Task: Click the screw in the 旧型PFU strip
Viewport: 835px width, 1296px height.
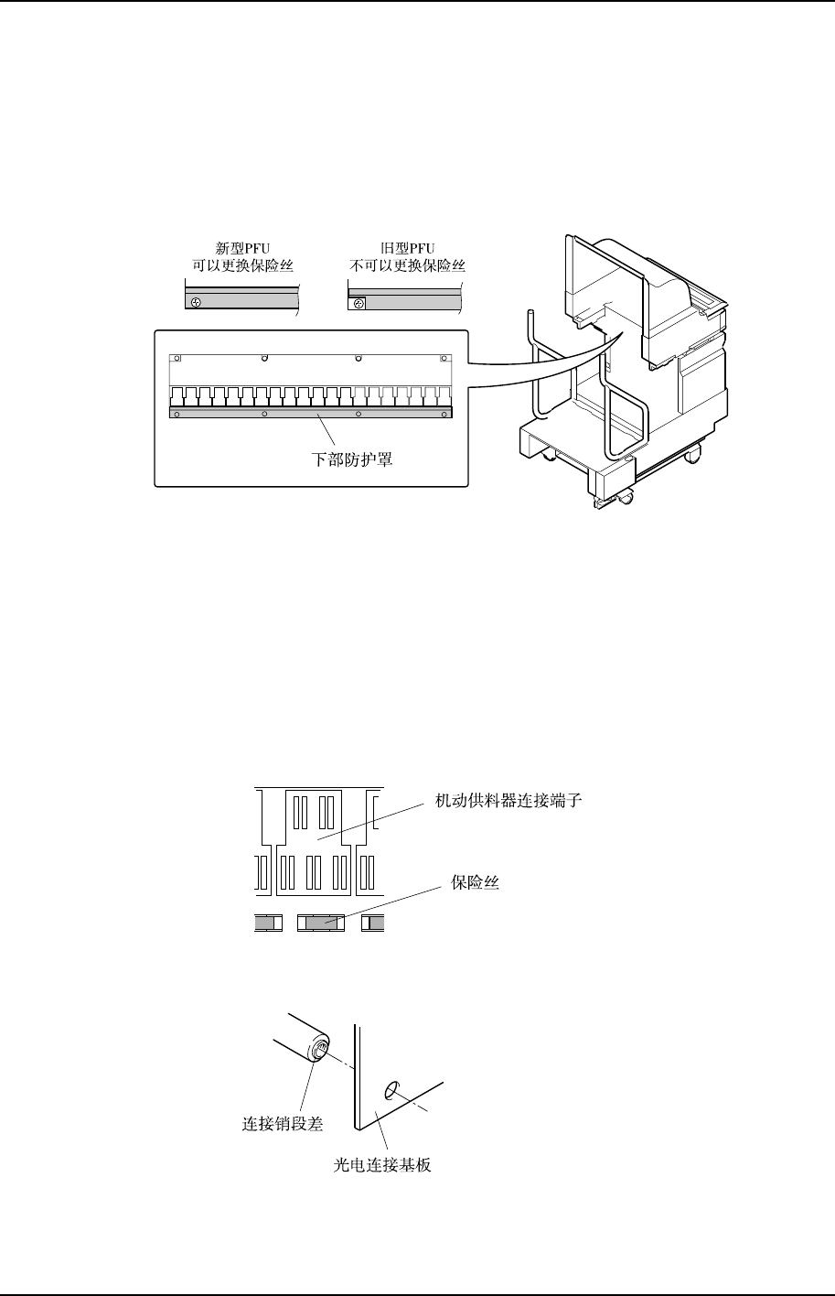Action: pos(358,303)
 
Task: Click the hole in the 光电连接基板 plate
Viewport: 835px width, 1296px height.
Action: pos(391,1089)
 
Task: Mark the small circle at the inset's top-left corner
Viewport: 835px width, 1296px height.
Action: pos(178,358)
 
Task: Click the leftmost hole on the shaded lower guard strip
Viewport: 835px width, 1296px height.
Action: pos(177,414)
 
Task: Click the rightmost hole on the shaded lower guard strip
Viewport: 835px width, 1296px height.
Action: pos(443,414)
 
